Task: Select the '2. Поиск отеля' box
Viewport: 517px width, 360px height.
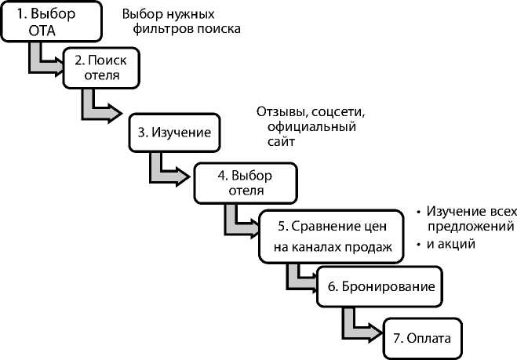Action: click(100, 67)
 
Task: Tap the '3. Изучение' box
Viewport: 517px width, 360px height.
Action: click(174, 133)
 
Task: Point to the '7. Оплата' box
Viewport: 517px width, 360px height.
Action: click(422, 339)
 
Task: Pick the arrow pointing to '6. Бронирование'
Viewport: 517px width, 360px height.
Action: click(298, 278)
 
